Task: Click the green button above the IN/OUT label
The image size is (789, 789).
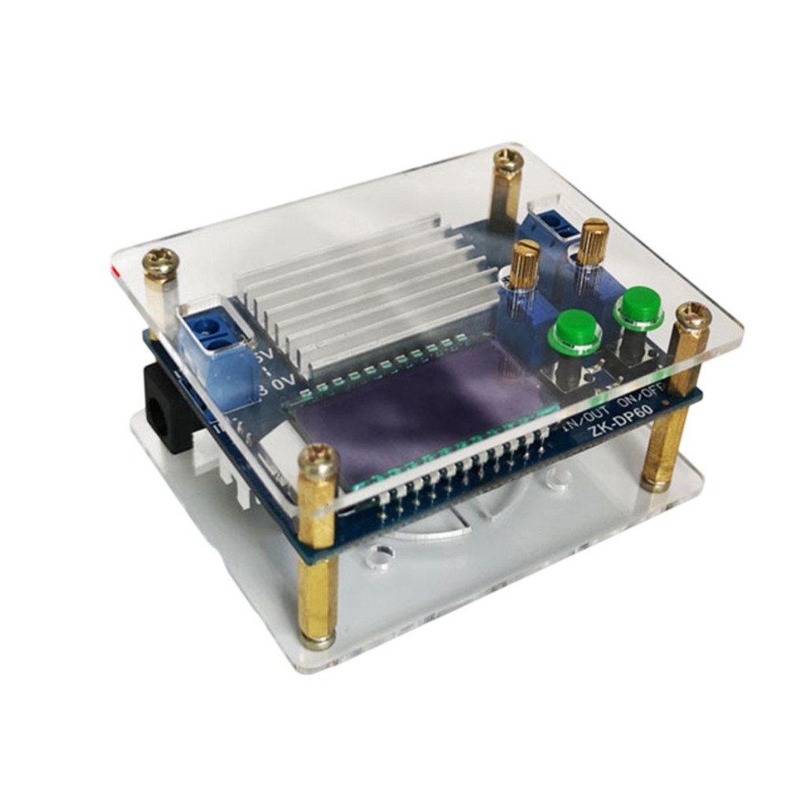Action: click(x=575, y=329)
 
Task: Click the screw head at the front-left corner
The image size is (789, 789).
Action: click(x=318, y=457)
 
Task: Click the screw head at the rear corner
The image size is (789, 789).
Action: click(x=508, y=162)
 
